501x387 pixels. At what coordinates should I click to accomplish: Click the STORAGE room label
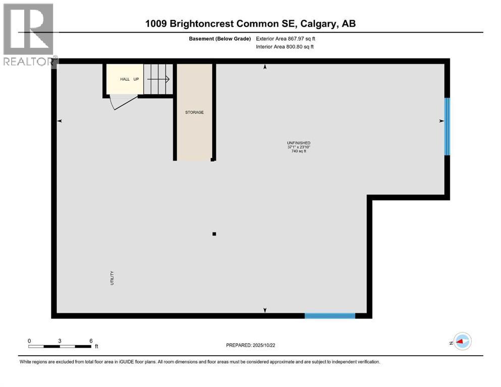pos(194,112)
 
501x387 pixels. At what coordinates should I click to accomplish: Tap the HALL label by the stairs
pos(125,79)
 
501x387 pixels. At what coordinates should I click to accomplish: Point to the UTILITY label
pos(112,278)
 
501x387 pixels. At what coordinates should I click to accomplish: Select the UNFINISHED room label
pos(295,143)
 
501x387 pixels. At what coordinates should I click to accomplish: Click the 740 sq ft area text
pos(295,151)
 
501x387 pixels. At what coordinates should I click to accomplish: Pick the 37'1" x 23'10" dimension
pos(295,147)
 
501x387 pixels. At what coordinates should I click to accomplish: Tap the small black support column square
pos(214,234)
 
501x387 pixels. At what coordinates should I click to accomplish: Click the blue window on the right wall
pos(447,126)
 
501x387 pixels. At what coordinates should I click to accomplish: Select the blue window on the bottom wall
pos(330,316)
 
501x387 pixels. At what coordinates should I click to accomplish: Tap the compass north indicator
pos(462,342)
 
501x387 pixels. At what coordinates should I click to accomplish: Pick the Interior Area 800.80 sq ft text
pos(285,47)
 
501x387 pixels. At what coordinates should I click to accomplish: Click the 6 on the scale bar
pos(91,341)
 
